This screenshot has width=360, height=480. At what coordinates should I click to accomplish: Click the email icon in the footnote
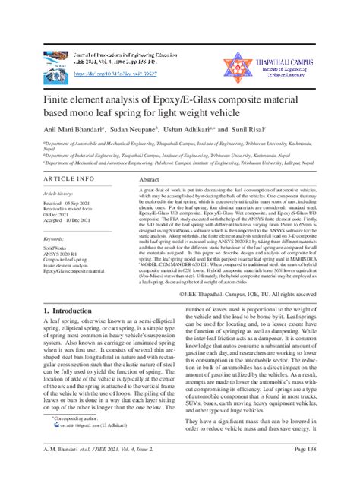pyautogui.click(x=55, y=448)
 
